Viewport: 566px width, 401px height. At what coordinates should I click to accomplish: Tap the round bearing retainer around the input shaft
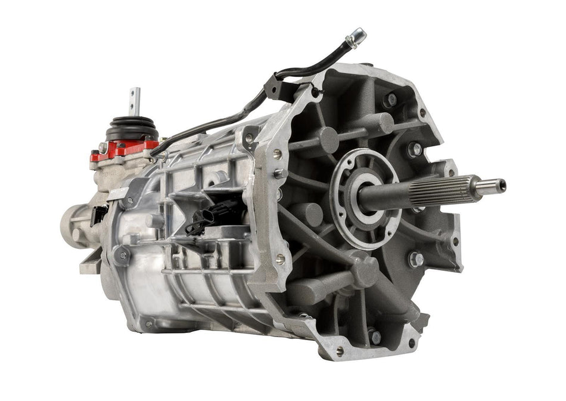tap(357, 197)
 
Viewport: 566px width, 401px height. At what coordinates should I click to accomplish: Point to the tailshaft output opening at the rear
tap(70, 223)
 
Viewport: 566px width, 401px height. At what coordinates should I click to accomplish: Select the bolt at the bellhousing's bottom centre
tap(374, 337)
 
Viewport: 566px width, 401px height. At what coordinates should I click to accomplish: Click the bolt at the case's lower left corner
tap(122, 255)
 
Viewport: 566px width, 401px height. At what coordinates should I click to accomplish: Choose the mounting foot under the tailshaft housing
tap(89, 263)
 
